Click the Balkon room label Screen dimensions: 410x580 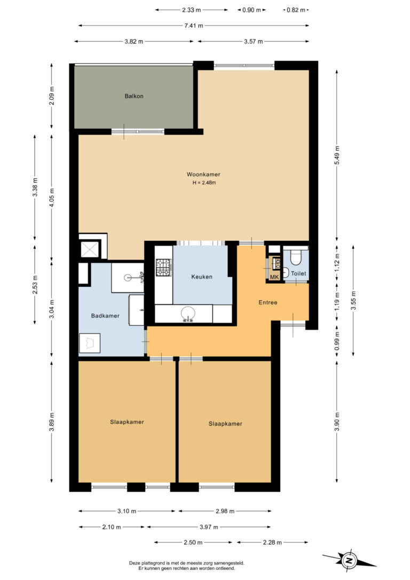(134, 96)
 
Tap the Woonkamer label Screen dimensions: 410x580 (203, 174)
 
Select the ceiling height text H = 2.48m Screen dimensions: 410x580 (204, 182)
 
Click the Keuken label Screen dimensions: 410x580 (202, 277)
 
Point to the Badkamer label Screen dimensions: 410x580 (105, 316)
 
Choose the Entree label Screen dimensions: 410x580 (267, 302)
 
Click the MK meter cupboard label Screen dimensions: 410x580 (274, 277)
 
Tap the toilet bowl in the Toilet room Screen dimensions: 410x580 (295, 257)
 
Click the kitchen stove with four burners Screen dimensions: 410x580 (163, 268)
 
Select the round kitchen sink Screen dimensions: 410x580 (188, 314)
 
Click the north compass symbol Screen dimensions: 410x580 (349, 560)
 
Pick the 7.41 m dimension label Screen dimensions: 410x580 (194, 26)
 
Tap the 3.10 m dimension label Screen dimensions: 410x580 (127, 511)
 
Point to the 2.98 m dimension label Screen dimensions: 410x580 (225, 511)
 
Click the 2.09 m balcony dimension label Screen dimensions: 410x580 (52, 96)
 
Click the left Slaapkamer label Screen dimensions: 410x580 (127, 422)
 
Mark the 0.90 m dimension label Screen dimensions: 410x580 (251, 10)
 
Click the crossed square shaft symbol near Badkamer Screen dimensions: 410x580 (90, 249)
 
